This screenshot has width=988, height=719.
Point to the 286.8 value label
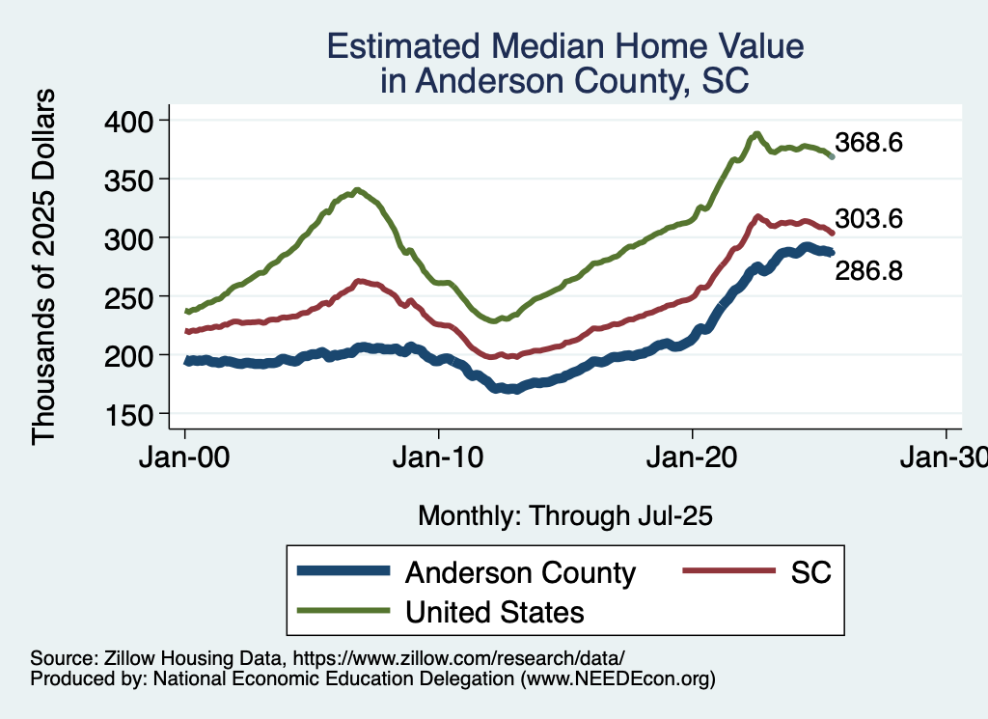tap(868, 271)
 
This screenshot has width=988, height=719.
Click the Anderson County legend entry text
tap(520, 572)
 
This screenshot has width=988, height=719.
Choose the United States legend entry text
tap(494, 611)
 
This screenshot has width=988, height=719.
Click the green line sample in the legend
tap(343, 611)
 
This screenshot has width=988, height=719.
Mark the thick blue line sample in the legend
tap(343, 572)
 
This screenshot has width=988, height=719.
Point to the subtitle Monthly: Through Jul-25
tap(564, 516)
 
